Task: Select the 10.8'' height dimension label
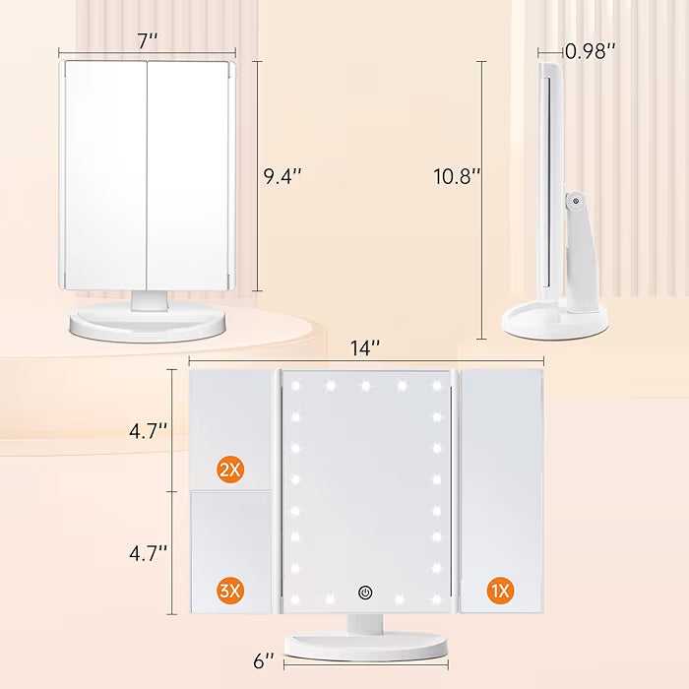coord(457,176)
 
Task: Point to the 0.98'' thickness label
coord(590,51)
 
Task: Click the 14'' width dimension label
coord(365,347)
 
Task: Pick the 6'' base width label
coord(264,661)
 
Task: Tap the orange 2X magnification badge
coord(230,470)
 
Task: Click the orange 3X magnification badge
coord(230,591)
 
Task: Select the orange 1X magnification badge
coord(500,591)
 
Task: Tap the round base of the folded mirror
coord(149,325)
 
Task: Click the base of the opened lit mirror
coord(366,646)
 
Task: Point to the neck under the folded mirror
coord(149,299)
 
